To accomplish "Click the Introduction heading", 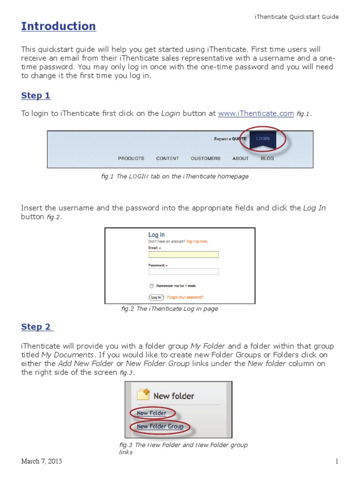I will (x=59, y=26).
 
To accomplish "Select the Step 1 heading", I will (x=36, y=96).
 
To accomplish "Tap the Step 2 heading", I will (x=37, y=327).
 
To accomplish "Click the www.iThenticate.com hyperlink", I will (x=256, y=113).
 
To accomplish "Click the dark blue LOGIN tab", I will (x=262, y=139).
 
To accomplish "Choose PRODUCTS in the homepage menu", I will (x=131, y=158).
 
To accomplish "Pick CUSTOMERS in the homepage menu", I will (x=205, y=158).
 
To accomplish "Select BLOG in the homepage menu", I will (x=267, y=158).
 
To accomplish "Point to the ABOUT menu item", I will (x=240, y=158).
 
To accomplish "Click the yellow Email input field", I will (x=183, y=255).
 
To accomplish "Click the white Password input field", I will (x=183, y=271).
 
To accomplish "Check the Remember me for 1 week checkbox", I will (x=151, y=285).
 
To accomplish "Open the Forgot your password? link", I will (x=185, y=297).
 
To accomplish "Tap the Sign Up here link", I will (x=197, y=241).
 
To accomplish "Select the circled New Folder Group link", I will (x=160, y=427).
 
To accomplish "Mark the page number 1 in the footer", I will (x=337, y=462).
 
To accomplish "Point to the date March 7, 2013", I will (x=41, y=462).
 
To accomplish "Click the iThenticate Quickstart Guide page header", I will (x=296, y=17).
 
